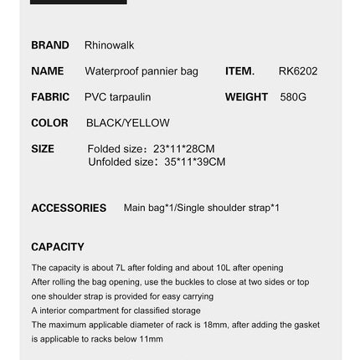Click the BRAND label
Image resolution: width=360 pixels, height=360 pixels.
pyautogui.click(x=49, y=45)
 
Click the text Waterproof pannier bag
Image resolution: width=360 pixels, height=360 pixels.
pyautogui.click(x=142, y=71)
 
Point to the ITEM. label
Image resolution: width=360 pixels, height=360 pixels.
pyautogui.click(x=240, y=71)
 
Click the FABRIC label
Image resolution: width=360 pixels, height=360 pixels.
pyautogui.click(x=50, y=97)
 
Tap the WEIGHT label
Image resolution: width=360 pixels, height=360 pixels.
pyautogui.click(x=246, y=97)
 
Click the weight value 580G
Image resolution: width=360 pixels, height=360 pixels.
pyautogui.click(x=293, y=97)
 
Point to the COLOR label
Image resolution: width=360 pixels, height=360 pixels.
pyautogui.click(x=49, y=123)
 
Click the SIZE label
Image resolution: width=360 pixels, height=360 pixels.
pyautogui.click(x=43, y=149)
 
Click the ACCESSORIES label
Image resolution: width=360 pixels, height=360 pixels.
pyautogui.click(x=69, y=207)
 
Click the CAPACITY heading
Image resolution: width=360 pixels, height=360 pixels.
pyautogui.click(x=58, y=246)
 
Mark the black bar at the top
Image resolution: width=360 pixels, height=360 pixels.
pyautogui.click(x=79, y=2)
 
